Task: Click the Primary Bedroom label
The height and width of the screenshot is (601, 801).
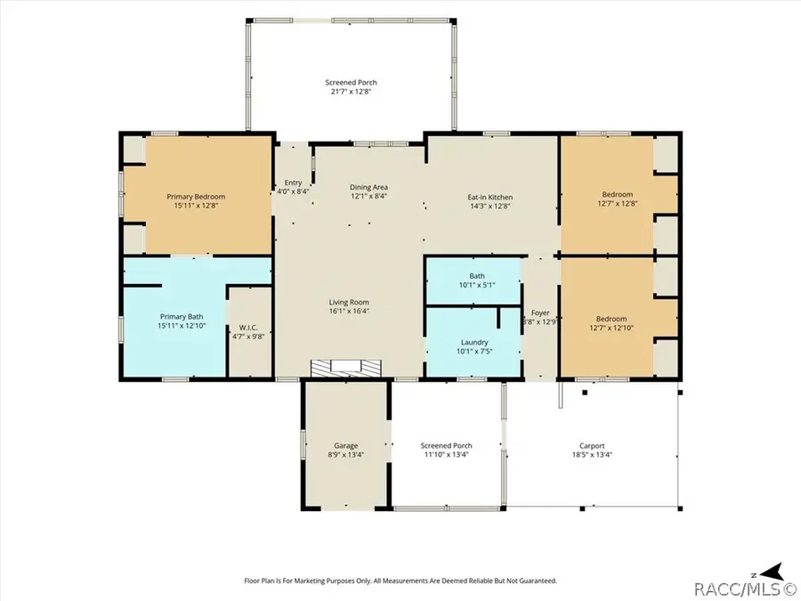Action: (196, 197)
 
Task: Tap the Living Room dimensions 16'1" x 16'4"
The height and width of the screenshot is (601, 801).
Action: (349, 311)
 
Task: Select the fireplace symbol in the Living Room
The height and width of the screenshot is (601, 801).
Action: (346, 367)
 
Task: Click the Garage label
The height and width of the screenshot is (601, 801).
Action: (346, 446)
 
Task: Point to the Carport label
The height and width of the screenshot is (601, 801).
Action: (592, 446)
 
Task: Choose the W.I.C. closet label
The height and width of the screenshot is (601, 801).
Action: (248, 328)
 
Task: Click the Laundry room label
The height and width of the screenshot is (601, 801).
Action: (474, 343)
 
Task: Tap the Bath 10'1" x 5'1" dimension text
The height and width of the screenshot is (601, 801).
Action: (477, 285)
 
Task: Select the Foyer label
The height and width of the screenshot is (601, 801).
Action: (540, 313)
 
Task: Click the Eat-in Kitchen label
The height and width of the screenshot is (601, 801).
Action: (490, 198)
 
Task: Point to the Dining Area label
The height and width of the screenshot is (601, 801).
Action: (368, 187)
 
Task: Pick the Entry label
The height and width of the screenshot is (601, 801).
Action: (293, 183)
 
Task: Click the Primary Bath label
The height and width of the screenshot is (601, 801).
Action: (182, 317)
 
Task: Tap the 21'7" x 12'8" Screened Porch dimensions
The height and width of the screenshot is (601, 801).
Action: (351, 92)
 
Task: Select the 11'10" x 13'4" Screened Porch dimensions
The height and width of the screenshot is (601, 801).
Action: (446, 454)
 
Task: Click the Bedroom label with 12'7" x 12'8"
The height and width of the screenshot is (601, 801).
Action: (618, 194)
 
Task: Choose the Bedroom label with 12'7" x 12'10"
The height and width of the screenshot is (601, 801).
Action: (611, 319)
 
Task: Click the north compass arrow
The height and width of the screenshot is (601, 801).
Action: (772, 572)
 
